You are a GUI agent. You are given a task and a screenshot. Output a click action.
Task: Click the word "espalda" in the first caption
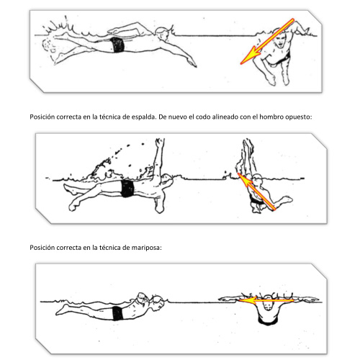click(x=143, y=117)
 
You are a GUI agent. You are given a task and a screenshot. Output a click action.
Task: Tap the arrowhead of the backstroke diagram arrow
click(x=244, y=179)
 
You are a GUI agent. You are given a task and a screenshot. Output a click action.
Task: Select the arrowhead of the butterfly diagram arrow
click(x=247, y=300)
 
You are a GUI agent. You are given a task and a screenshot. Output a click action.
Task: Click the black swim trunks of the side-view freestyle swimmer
click(x=118, y=45)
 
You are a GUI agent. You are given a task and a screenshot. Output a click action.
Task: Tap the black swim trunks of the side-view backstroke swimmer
click(x=127, y=189)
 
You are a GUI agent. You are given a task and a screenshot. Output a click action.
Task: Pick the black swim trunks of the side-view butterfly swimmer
click(x=118, y=313)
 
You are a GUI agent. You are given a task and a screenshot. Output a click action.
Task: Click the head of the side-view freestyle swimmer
click(x=162, y=35)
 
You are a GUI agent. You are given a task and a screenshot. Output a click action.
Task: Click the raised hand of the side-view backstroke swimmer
click(x=160, y=143)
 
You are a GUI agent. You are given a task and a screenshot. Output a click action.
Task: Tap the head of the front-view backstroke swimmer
click(x=257, y=179)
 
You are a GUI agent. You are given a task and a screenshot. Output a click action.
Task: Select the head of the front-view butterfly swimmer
click(x=269, y=305)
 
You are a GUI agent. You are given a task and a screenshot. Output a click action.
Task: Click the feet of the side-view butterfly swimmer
click(x=61, y=310)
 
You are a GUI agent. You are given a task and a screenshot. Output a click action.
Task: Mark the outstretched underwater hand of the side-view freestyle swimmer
click(x=192, y=63)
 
